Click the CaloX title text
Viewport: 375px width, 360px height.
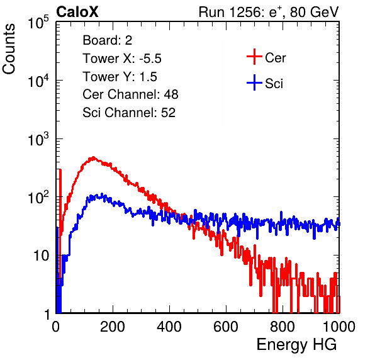coord(77,12)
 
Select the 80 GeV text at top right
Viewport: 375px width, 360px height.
coord(314,12)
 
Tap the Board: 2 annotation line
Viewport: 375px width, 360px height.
coord(108,40)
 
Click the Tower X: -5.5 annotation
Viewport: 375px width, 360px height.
coord(122,59)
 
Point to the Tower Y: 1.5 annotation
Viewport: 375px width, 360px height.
coord(120,77)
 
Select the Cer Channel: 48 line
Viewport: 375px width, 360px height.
coord(130,94)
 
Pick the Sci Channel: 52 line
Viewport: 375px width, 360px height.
coord(129,113)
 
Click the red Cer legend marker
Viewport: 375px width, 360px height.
coord(254,57)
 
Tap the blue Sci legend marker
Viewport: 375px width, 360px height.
coord(254,83)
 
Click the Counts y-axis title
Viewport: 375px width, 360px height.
coord(9,49)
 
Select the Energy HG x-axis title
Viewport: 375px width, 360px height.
coord(296,345)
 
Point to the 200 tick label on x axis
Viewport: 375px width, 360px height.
coord(113,327)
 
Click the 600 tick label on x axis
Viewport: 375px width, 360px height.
coord(226,327)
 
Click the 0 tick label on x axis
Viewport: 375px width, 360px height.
coord(56,327)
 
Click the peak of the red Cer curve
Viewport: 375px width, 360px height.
coord(93,157)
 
